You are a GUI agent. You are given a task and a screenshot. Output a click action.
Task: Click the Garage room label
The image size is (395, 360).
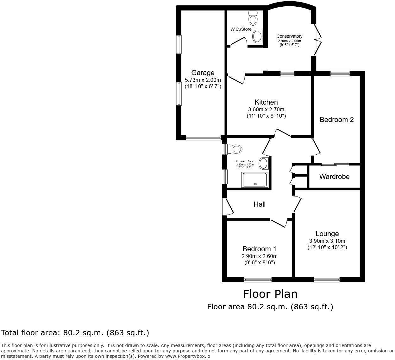pos(203,73)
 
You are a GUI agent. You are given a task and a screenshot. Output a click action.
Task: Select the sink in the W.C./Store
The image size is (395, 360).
pos(258,36)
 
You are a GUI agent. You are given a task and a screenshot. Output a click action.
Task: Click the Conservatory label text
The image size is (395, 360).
pos(289,36)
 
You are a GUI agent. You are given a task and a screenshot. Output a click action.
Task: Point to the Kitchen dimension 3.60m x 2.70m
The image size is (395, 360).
pos(266,109)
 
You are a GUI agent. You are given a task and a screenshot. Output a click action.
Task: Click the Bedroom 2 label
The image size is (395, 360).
pos(336,119)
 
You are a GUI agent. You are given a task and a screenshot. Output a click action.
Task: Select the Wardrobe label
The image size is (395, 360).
pos(334,177)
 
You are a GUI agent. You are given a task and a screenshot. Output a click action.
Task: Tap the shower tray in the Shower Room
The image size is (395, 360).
pos(255,179)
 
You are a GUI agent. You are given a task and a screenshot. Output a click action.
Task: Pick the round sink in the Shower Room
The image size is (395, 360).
pos(263,164)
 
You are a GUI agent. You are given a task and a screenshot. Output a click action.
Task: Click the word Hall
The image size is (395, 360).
pos(260,204)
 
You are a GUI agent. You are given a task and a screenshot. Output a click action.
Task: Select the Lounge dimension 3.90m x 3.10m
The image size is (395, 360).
pos(327,241)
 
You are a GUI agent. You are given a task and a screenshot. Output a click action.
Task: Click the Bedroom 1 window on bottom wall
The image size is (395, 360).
pos(258,279)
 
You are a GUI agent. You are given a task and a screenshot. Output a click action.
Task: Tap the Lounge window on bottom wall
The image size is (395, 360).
pos(327,279)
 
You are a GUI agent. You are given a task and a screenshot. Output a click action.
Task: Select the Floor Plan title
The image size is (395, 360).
pos(270,294)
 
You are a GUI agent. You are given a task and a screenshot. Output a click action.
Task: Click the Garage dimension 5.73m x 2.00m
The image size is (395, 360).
pos(203,80)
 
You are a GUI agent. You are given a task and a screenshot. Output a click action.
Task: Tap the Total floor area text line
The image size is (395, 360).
pos(75,333)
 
